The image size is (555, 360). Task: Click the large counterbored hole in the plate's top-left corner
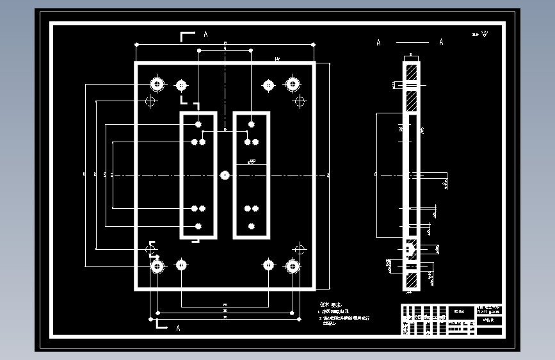point(156,83)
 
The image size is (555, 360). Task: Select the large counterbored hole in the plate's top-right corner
point(293,83)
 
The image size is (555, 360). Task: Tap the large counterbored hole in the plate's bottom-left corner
point(156,265)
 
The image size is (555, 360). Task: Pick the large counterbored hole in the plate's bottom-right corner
point(293,265)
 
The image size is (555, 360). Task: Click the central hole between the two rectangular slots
point(225,174)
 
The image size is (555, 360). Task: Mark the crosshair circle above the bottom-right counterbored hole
point(298,249)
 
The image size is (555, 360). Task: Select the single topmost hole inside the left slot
point(198,124)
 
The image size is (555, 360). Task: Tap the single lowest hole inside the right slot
point(252,225)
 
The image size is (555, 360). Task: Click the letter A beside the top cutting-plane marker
point(205,34)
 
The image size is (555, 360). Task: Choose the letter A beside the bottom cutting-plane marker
point(178,328)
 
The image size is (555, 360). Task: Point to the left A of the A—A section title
point(378,43)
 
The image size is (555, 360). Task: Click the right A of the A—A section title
point(441,43)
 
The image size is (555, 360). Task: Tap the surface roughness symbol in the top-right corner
point(483,33)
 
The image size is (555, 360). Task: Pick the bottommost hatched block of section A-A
point(410,279)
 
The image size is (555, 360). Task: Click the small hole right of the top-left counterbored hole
point(181,85)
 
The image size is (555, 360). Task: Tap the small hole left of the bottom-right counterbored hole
point(268,265)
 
